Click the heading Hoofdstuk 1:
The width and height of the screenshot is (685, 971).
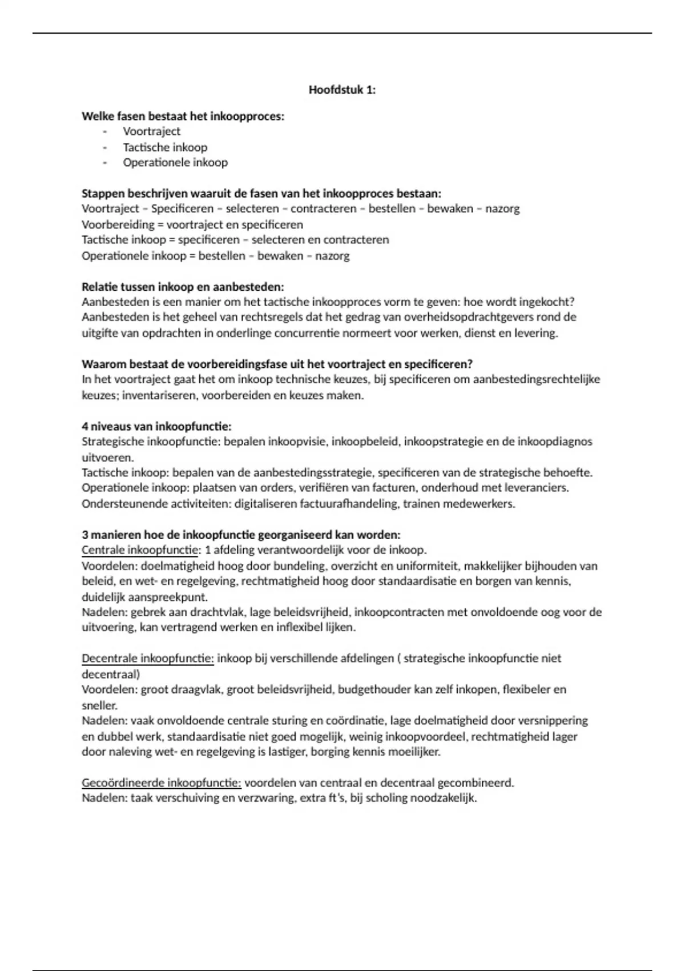(342, 90)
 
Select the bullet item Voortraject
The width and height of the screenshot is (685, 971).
(151, 131)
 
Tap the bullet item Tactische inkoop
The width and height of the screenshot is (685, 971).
(165, 147)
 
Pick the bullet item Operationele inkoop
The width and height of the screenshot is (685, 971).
(175, 163)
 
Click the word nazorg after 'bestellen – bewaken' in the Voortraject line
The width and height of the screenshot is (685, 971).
(502, 209)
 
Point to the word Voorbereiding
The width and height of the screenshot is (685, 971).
(118, 224)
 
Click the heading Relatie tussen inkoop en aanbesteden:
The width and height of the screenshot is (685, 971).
(183, 287)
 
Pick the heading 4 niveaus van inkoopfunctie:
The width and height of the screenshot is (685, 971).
(156, 427)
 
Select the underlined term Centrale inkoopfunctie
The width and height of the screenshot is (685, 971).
(140, 551)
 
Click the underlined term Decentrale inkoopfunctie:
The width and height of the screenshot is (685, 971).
(147, 659)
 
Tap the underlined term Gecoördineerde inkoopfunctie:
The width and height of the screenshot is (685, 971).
(161, 783)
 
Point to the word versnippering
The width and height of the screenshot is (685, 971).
(552, 721)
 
